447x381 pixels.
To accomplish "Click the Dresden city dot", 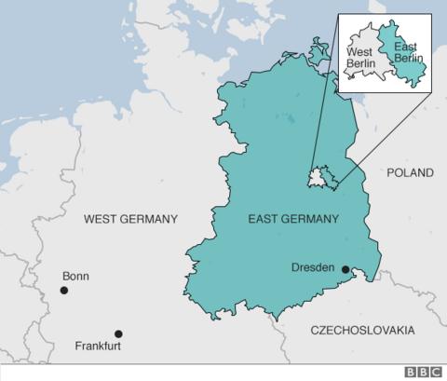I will point(345,270).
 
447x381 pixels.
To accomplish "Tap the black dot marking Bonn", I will point(64,291).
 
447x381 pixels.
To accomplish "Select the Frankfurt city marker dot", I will point(118,333).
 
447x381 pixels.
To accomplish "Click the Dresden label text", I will point(313,268).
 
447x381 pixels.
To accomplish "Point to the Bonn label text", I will point(75,277).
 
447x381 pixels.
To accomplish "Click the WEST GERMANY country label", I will point(130,220).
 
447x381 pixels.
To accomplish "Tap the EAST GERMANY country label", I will point(293,220).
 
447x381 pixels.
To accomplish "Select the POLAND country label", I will point(411,173).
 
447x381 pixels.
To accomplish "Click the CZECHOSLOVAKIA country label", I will point(363,331).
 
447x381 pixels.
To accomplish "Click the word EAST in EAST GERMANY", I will point(264,220).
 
